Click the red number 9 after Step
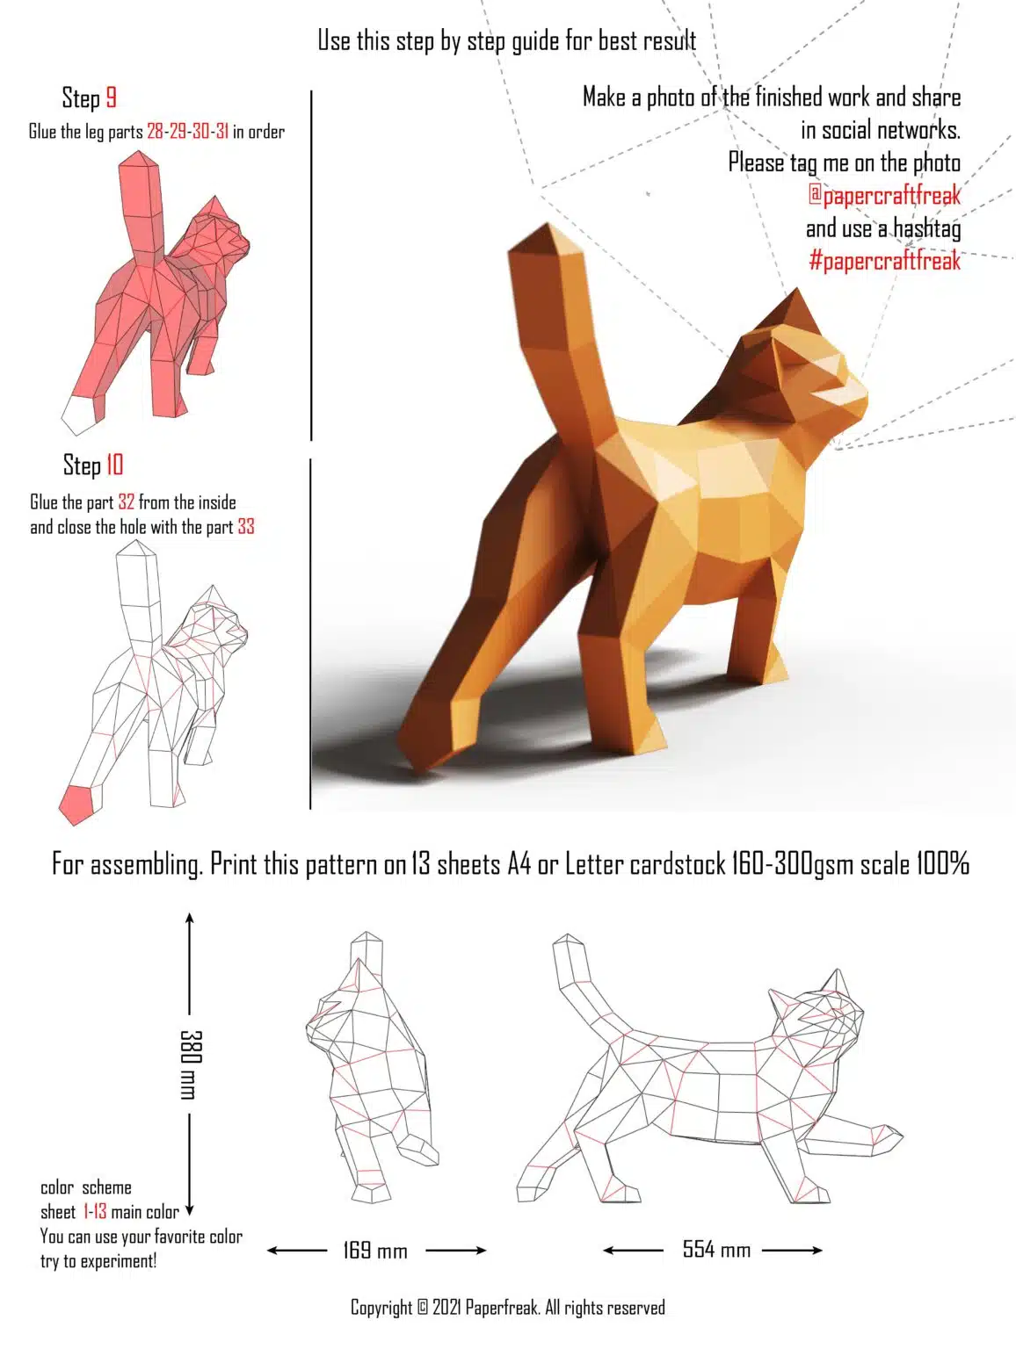111,97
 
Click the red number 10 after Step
114,465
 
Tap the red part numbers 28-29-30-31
187,132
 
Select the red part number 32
126,502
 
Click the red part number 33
246,527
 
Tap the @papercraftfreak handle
884,195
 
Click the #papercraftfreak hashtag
884,261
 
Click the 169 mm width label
375,1250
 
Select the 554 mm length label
716,1250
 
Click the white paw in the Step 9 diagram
80,415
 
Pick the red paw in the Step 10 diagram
77,803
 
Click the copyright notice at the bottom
508,1308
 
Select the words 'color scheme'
86,1187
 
